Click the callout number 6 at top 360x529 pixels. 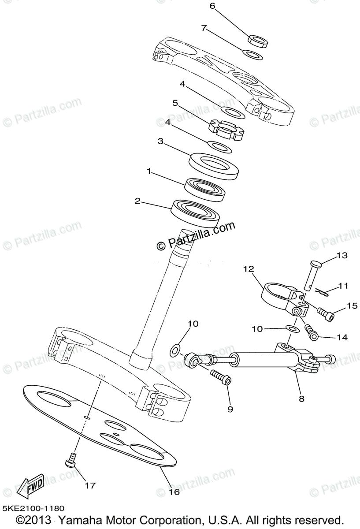212,6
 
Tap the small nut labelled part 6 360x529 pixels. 258,40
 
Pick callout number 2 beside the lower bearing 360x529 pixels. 137,201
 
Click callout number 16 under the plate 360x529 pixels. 174,492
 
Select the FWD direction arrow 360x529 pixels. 30,485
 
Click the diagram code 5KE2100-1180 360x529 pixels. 33,508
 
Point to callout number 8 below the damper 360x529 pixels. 301,399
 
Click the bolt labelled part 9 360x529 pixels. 220,377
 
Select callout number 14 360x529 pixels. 341,338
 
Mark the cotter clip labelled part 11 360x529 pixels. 323,291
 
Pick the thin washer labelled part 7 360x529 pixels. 253,55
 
